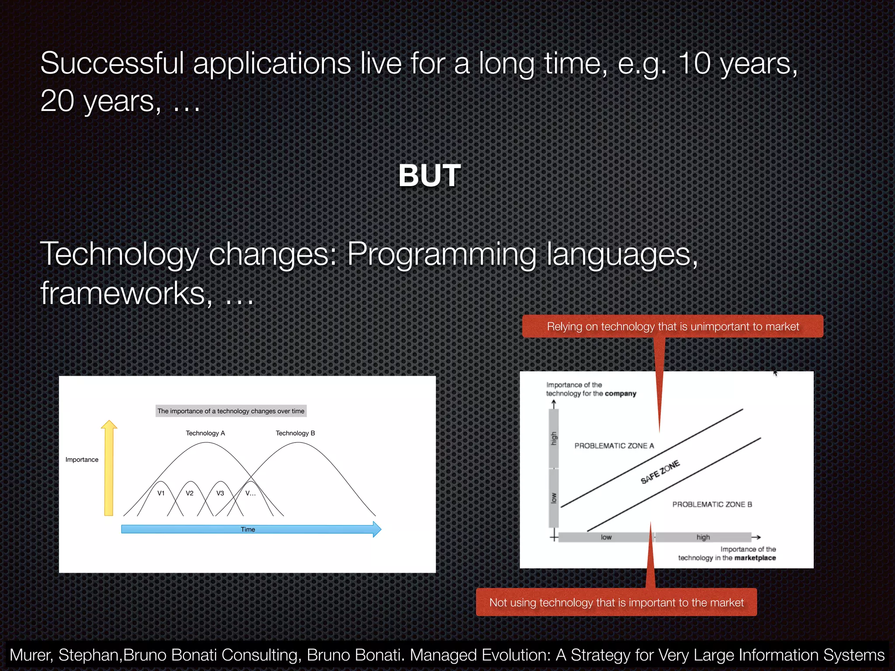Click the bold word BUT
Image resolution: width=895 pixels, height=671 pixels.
click(430, 176)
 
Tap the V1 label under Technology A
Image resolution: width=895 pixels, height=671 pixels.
click(161, 493)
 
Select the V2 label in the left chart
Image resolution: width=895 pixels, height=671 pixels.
click(189, 493)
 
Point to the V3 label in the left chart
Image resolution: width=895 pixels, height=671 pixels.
click(220, 493)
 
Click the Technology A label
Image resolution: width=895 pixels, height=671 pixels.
click(205, 433)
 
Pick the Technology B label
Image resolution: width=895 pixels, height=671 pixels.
click(295, 433)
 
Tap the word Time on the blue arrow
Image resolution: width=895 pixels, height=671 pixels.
click(248, 529)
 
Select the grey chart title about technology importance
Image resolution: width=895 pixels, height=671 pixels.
click(231, 411)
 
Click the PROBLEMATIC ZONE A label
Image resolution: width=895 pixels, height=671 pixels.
click(614, 446)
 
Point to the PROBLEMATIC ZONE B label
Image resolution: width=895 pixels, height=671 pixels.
click(712, 504)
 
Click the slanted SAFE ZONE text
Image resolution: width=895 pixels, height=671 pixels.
click(660, 472)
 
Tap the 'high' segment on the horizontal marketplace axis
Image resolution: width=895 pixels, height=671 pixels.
click(703, 537)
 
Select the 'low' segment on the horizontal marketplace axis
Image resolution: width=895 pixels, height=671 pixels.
click(606, 537)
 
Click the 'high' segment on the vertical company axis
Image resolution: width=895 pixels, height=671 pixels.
click(554, 438)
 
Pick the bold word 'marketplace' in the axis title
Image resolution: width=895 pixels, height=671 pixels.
click(755, 558)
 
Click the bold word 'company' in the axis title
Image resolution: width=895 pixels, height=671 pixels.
click(620, 394)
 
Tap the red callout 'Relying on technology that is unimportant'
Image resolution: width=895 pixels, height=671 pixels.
click(673, 326)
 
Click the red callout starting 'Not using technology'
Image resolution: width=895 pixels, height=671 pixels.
click(616, 602)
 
